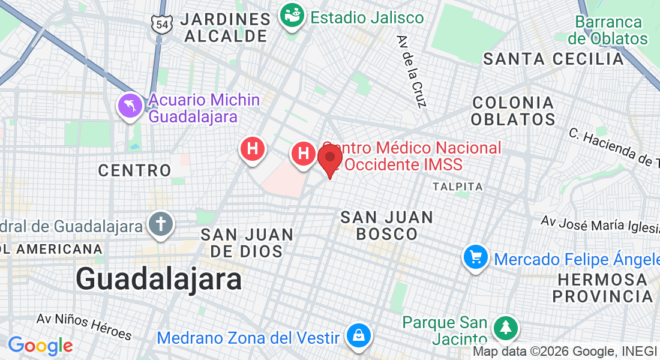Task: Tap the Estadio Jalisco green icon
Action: coord(293,16)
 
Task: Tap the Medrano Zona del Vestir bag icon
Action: coord(358,336)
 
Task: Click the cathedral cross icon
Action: coord(161,224)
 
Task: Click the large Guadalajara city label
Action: coord(159,280)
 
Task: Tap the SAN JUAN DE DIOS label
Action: coord(247,242)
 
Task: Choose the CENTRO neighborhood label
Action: coord(135,170)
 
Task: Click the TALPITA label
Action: coord(458,187)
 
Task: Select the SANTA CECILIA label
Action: coord(554,59)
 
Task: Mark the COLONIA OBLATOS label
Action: coord(513,110)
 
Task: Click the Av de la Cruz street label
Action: coord(411,71)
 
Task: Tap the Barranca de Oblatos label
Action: coord(608,31)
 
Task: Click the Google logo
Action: coord(40,346)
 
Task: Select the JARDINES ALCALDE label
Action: coord(226,27)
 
